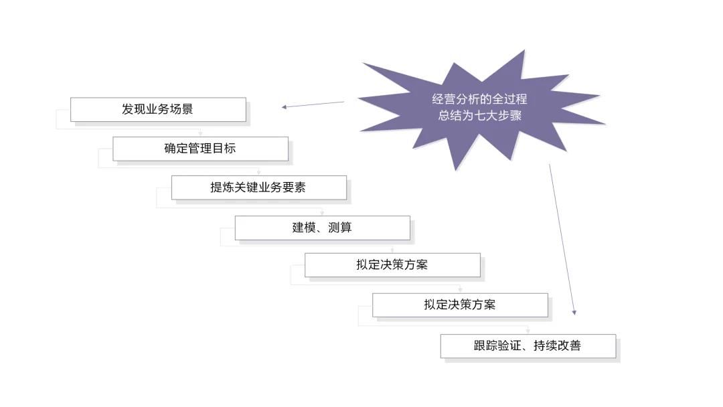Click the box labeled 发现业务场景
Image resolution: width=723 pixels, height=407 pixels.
[158, 110]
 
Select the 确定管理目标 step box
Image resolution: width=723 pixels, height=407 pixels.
[200, 149]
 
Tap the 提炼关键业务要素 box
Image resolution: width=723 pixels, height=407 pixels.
[258, 188]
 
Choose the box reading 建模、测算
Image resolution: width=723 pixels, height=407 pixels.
[322, 228]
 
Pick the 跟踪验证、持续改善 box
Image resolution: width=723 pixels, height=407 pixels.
[528, 346]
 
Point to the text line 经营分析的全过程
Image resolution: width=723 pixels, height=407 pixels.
[479, 99]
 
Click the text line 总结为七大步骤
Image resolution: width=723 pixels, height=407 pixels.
[479, 115]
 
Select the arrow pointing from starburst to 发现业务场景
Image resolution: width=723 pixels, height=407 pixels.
[313, 104]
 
